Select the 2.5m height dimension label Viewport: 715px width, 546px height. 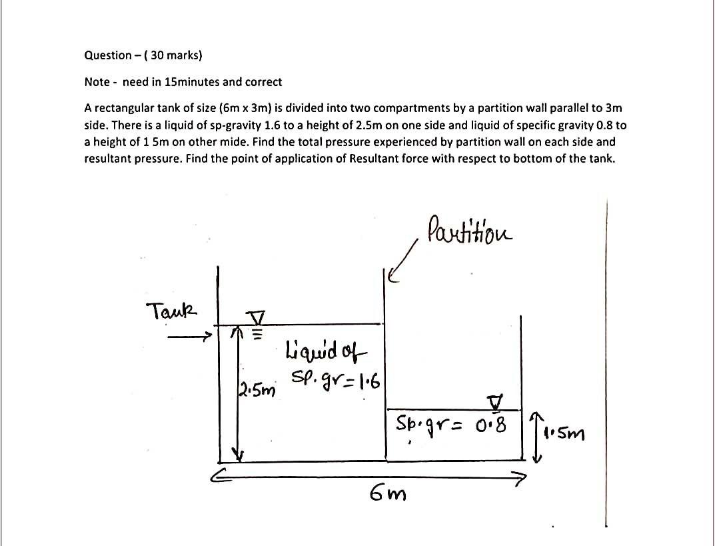coord(254,388)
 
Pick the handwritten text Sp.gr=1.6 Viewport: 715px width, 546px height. coord(335,379)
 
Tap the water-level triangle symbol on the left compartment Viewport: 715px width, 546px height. coord(257,316)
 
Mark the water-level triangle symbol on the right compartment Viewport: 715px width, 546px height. coord(495,401)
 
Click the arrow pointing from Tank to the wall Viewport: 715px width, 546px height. coord(190,337)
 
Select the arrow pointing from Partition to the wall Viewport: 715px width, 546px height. coord(404,264)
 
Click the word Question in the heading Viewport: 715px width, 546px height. coord(107,55)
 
